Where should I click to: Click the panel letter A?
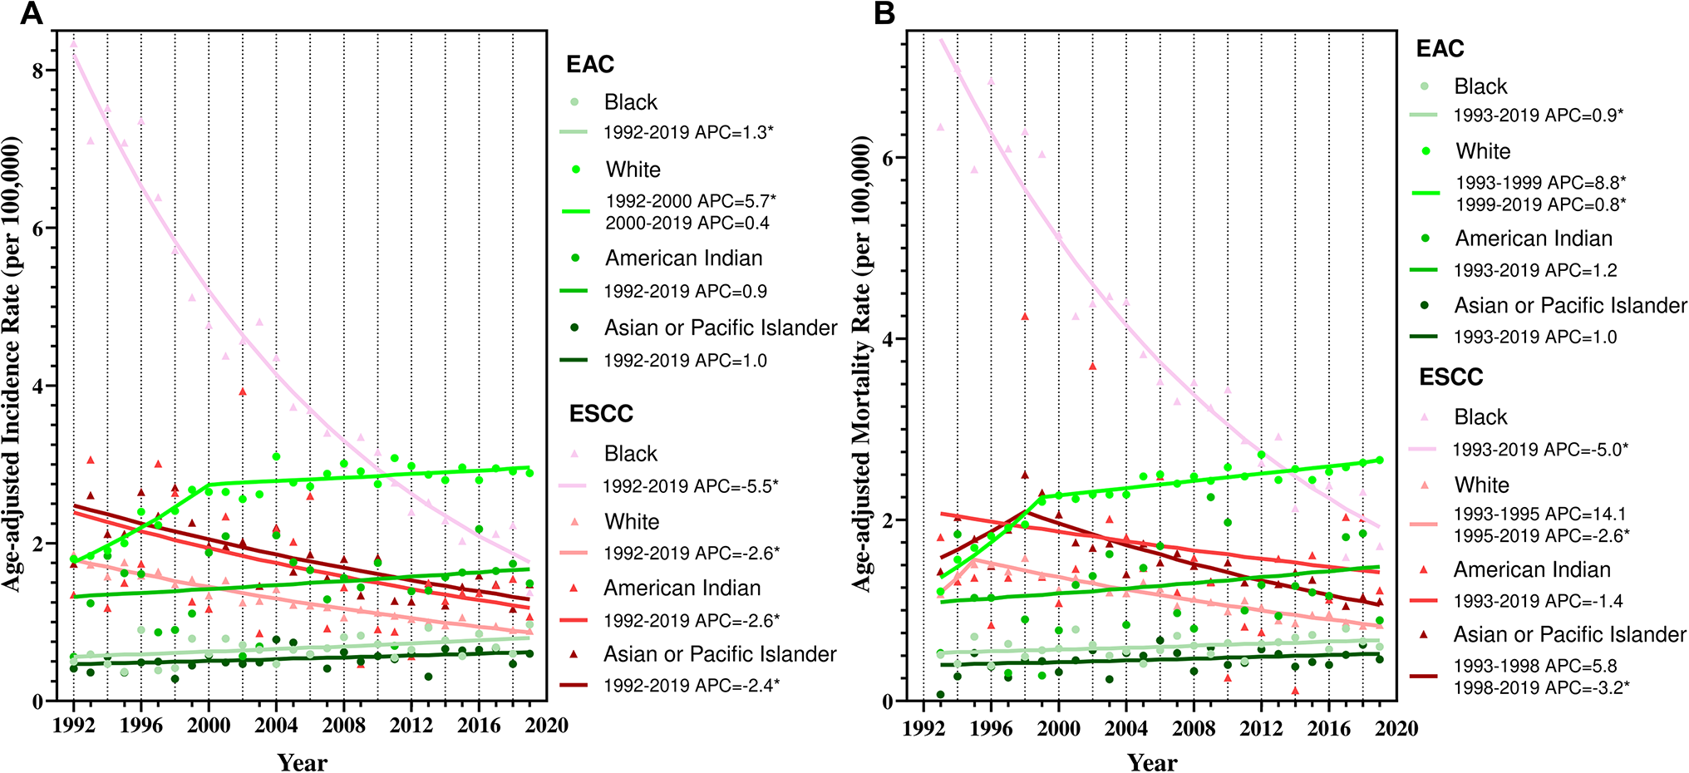point(32,13)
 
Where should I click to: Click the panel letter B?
point(884,13)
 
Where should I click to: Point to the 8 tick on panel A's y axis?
point(38,71)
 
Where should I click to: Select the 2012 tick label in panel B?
point(1261,729)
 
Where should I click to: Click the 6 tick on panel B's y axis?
point(889,159)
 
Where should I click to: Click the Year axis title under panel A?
point(302,762)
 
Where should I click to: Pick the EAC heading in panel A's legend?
point(590,64)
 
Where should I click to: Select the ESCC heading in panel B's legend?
point(1450,377)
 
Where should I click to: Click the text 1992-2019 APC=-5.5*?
point(691,486)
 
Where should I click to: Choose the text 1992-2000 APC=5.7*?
point(691,201)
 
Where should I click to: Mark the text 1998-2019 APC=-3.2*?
point(1542,688)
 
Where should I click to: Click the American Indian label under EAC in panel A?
point(683,258)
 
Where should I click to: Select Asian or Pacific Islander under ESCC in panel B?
point(1569,635)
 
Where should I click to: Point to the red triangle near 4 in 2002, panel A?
point(243,391)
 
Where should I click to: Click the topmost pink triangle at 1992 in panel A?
point(73,43)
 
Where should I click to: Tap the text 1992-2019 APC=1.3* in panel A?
point(688,132)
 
